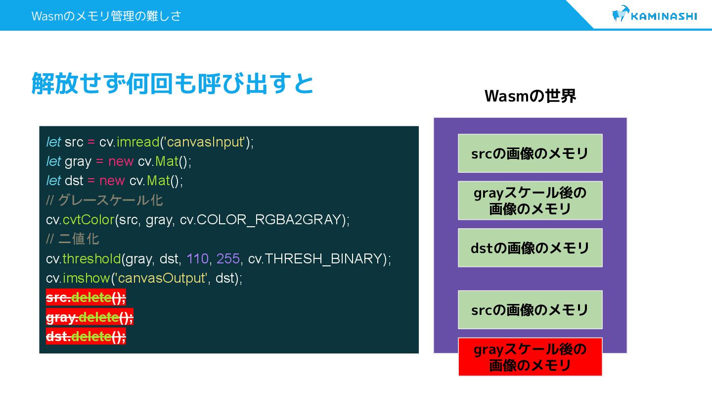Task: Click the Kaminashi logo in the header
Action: (x=654, y=15)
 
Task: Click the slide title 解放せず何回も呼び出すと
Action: (x=173, y=83)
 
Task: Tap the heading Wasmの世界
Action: (x=530, y=96)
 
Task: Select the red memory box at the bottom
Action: (x=530, y=357)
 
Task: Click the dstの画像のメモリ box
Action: (x=530, y=248)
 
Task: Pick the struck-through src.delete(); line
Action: (x=86, y=298)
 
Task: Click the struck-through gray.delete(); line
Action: (x=89, y=317)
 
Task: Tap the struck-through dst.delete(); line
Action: (x=86, y=337)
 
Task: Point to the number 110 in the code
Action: (x=197, y=258)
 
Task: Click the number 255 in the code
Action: (x=228, y=258)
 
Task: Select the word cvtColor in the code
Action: (x=89, y=219)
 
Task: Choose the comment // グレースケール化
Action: (x=104, y=200)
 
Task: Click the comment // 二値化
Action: (x=73, y=239)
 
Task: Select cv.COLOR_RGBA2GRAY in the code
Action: (x=261, y=219)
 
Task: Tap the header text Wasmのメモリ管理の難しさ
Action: (x=106, y=16)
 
